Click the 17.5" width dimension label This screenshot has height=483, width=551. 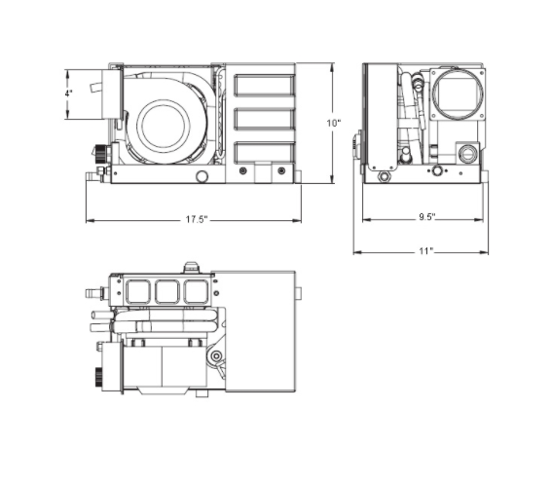tap(196, 220)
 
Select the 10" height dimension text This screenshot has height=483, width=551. tap(333, 123)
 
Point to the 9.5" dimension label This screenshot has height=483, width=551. tap(426, 216)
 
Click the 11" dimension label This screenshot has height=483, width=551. tap(424, 251)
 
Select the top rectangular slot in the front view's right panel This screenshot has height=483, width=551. tap(264, 85)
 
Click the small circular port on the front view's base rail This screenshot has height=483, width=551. tap(202, 176)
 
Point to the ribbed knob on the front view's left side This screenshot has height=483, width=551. tap(100, 154)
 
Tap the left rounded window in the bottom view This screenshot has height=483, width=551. tap(137, 290)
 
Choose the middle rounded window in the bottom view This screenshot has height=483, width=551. tap(166, 290)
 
